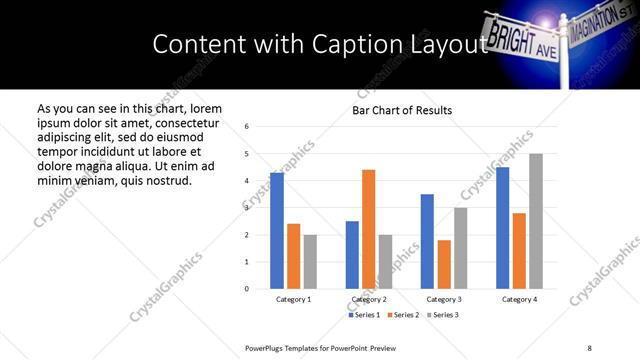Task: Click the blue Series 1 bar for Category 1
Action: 277,231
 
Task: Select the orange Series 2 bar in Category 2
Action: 368,229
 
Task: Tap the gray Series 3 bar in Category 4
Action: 536,221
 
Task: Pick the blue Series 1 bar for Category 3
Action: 427,241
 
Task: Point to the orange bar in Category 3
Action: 444,264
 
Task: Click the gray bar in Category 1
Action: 310,262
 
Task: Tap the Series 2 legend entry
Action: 403,315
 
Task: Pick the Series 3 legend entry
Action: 440,315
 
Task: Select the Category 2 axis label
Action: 369,299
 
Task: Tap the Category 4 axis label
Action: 519,299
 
